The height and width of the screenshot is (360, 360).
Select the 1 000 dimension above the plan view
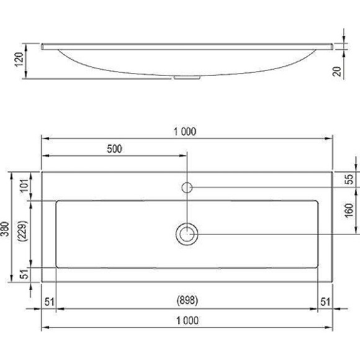(x=186, y=131)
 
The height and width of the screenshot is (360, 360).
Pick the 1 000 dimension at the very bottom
(x=186, y=321)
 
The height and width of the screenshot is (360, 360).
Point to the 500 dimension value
(x=115, y=148)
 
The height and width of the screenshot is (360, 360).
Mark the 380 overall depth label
(x=6, y=227)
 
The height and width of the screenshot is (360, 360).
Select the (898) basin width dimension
(x=186, y=300)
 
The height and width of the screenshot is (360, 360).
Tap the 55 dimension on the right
(x=349, y=179)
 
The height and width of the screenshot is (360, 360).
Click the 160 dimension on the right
(x=349, y=210)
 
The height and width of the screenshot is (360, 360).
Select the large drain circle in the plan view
(x=187, y=234)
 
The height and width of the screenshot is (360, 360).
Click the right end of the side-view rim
(x=331, y=46)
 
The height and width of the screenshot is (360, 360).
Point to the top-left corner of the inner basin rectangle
(x=57, y=201)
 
